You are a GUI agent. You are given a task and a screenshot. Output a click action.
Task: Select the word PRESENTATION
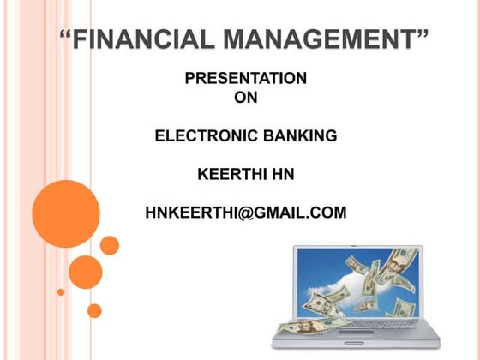(245, 79)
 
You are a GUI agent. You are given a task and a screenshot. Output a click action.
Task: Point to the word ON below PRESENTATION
(245, 98)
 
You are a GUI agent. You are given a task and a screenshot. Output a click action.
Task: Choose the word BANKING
(301, 135)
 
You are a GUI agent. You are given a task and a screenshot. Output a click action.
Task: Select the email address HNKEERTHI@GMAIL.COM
(246, 212)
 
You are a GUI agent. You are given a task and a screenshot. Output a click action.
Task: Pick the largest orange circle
(66, 213)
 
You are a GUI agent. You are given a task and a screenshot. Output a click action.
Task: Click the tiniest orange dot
(61, 291)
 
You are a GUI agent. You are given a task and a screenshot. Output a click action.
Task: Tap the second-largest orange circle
(86, 272)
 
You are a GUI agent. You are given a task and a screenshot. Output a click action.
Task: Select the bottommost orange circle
(94, 310)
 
